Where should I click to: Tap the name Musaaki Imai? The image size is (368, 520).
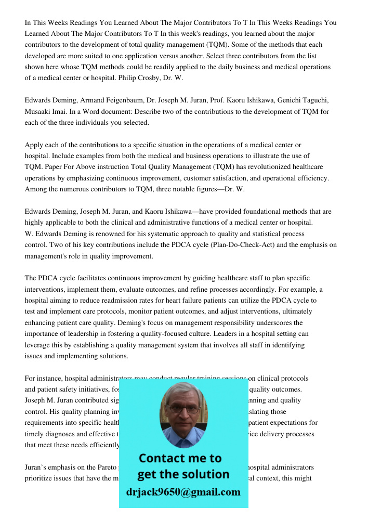(46, 112)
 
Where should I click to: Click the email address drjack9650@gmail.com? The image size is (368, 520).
(183, 492)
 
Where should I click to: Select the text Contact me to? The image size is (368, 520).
(180, 458)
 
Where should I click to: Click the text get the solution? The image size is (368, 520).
(183, 474)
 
